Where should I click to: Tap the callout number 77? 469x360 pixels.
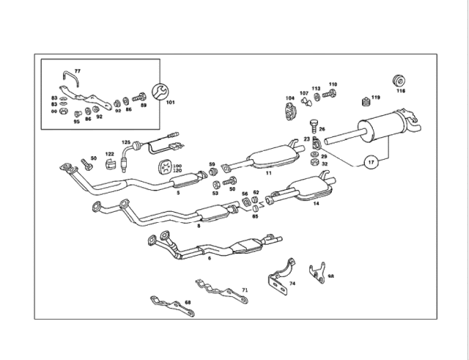tap(77, 70)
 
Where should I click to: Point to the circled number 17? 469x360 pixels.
tap(372, 162)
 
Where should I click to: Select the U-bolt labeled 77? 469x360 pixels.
tap(67, 78)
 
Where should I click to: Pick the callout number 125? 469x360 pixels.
tap(125, 142)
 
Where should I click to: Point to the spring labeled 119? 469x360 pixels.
tap(366, 100)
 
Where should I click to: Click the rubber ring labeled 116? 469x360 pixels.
tap(400, 80)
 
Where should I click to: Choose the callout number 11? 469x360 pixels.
tap(269, 174)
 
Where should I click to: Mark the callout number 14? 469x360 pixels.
tap(316, 203)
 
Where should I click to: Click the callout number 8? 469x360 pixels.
tap(198, 226)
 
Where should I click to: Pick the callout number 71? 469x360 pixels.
tap(245, 290)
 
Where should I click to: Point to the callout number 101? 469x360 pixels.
tap(170, 103)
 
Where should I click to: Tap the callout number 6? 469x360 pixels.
tap(209, 258)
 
